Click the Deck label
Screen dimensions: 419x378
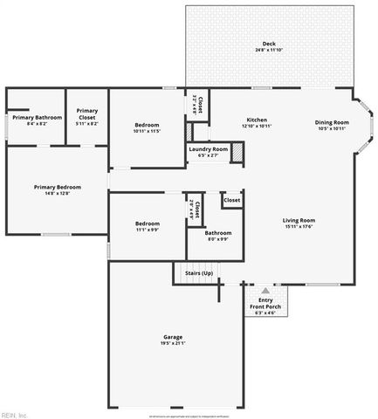coord(269,44)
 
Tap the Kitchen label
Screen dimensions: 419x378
coord(256,120)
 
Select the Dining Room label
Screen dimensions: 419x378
coord(332,122)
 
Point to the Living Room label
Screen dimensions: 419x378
coord(299,220)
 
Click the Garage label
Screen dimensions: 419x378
coord(173,336)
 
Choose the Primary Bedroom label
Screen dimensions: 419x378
coord(58,187)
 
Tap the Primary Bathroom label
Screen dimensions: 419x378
coord(37,117)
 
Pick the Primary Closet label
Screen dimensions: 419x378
coord(86,113)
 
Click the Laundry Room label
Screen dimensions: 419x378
coord(208,149)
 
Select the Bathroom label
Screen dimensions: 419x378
coord(217,232)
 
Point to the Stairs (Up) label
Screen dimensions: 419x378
coord(199,273)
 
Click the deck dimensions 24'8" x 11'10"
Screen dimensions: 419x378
coord(269,50)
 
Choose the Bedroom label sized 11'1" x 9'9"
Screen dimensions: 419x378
coord(148,224)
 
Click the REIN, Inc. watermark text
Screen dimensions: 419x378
coord(15,414)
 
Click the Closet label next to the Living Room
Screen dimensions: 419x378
coord(231,200)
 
